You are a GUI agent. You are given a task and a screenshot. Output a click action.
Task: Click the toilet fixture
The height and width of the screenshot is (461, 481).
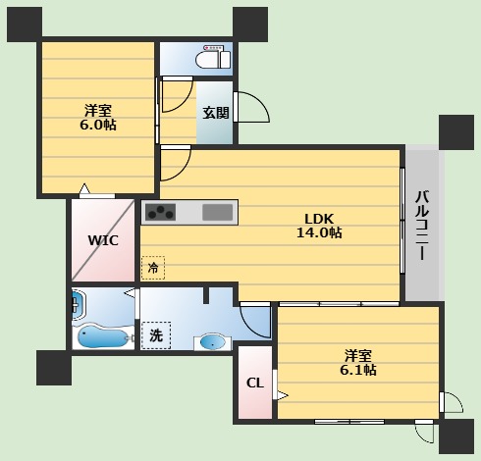[213, 57]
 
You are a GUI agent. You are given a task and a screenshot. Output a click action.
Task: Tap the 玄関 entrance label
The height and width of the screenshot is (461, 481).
[216, 113]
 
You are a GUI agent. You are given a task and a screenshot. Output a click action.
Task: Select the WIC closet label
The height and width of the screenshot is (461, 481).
[103, 240]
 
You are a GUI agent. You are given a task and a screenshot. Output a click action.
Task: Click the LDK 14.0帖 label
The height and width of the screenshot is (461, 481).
[319, 226]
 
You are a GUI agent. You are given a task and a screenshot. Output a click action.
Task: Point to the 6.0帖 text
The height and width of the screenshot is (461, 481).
[98, 125]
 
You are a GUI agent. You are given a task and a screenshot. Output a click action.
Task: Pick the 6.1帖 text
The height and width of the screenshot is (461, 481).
[358, 370]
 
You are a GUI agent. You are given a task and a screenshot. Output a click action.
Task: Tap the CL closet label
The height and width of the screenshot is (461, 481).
[255, 383]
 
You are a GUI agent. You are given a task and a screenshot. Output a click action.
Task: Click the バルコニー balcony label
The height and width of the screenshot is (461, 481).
[422, 226]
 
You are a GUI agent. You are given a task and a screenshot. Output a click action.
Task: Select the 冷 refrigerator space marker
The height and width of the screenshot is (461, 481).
[153, 268]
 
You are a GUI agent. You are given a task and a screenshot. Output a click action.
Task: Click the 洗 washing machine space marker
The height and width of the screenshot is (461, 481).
[156, 335]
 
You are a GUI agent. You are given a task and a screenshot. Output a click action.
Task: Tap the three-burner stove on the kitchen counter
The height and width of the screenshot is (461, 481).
[160, 212]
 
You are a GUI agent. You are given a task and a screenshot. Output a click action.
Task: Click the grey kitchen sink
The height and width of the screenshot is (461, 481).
[218, 212]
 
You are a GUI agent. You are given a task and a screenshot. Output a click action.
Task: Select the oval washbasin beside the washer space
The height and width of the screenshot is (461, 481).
[213, 342]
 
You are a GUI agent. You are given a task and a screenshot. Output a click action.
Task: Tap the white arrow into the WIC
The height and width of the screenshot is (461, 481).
[84, 188]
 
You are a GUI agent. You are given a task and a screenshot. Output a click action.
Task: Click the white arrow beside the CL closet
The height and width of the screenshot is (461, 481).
[283, 395]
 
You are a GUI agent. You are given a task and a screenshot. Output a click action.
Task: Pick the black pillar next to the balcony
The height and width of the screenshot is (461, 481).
[456, 132]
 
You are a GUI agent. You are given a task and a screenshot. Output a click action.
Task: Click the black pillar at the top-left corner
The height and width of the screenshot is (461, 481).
[25, 25]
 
